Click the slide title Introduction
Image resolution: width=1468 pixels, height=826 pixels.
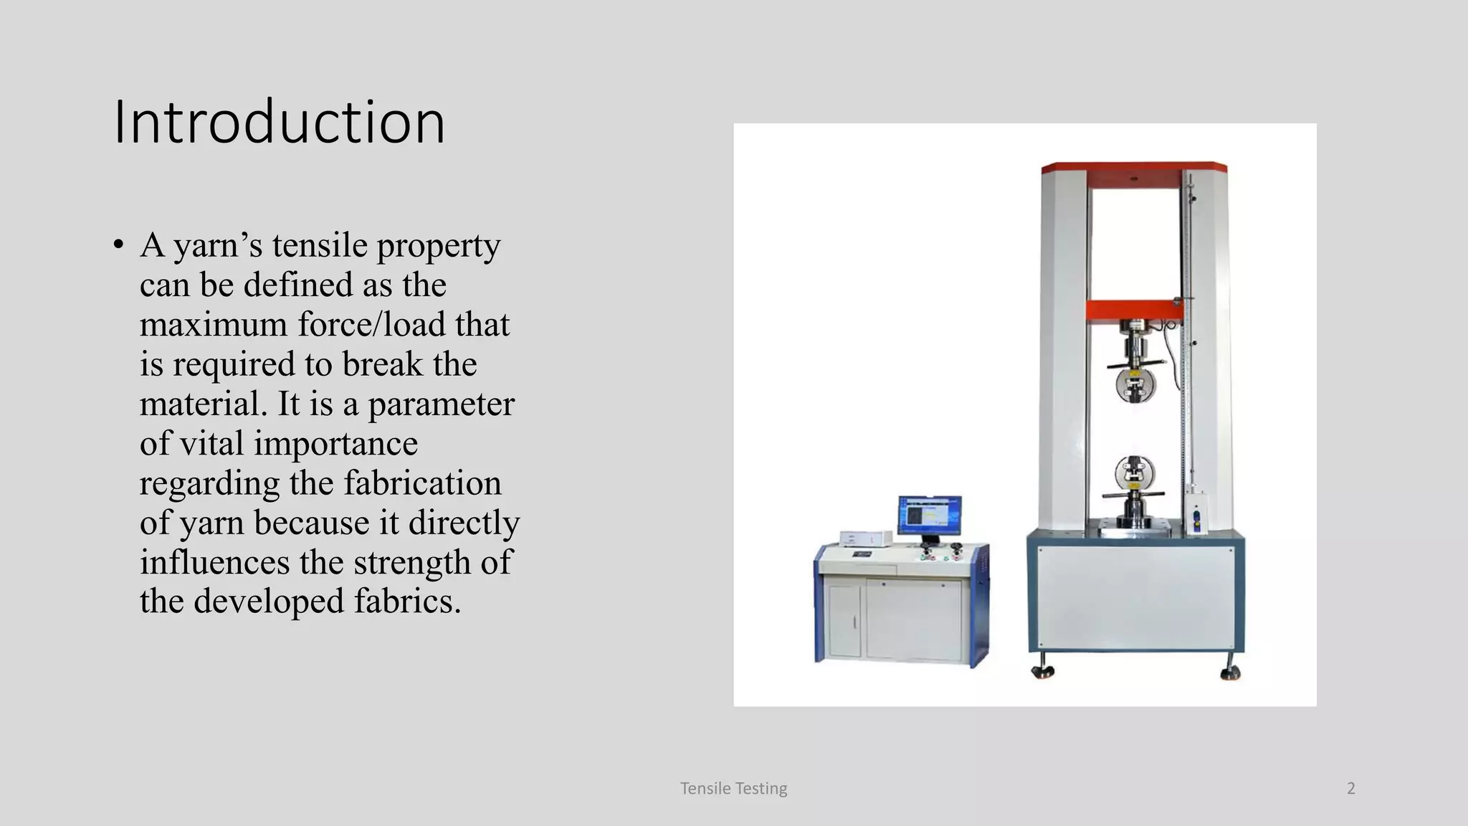(280, 122)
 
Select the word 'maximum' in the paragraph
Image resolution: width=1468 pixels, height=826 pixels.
(213, 324)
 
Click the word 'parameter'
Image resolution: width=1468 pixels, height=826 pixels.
(441, 404)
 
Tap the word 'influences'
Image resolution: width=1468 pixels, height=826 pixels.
(214, 561)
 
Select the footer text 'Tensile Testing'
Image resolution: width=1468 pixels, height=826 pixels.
(733, 789)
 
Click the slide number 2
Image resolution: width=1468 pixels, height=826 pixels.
(1351, 789)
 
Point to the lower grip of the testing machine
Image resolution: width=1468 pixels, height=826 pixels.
(1135, 476)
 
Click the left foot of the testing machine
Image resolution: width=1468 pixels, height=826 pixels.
(1042, 671)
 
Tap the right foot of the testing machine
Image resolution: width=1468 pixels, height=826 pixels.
(1231, 673)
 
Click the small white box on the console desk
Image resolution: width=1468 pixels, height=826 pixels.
(866, 538)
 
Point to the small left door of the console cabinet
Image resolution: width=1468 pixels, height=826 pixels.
(844, 620)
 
